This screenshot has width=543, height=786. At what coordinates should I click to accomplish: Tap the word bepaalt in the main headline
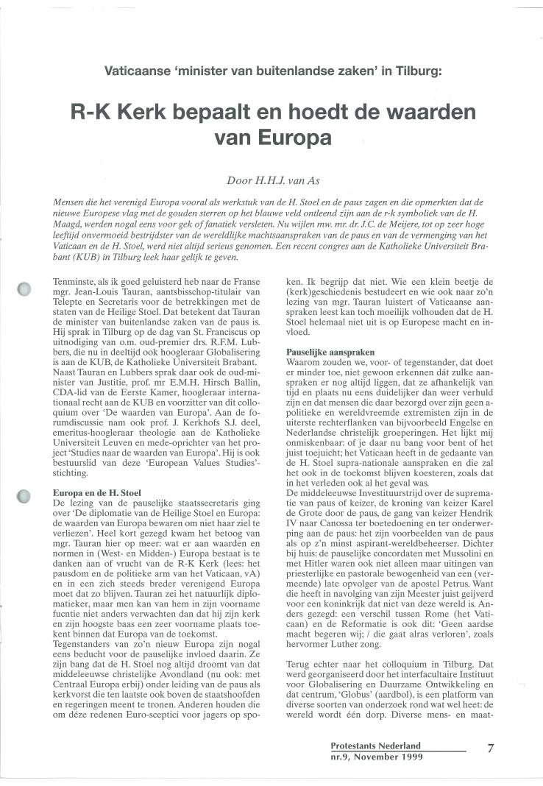pyautogui.click(x=219, y=113)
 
